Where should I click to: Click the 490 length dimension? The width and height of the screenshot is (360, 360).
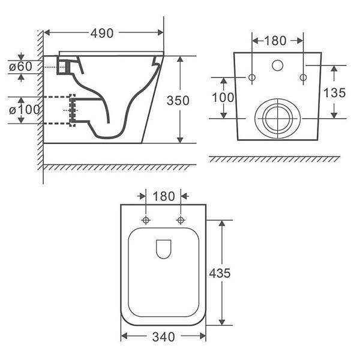point(102,34)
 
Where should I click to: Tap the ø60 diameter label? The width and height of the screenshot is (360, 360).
point(22,67)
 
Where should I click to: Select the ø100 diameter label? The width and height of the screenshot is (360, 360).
point(25,110)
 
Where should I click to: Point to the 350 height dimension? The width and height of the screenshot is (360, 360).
point(178,100)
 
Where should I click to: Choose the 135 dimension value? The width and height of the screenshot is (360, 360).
point(334,92)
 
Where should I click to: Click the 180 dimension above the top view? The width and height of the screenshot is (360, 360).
point(163,196)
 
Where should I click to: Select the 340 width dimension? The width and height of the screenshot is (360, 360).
point(163,337)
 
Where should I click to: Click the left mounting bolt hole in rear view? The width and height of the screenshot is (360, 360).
point(252,77)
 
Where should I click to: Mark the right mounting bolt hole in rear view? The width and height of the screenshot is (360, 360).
point(303,77)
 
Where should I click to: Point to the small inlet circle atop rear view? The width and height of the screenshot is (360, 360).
point(277,65)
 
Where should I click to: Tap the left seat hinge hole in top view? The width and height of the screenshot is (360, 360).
point(146,220)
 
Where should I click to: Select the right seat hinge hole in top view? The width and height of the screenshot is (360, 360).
point(181,220)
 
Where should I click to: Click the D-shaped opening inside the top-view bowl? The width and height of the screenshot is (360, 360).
point(163,248)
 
